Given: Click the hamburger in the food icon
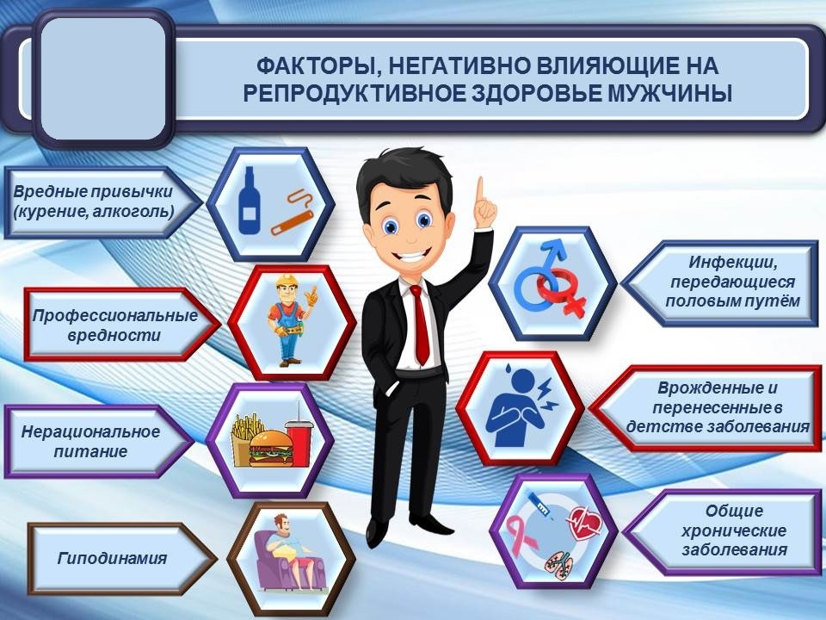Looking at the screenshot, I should (271, 447).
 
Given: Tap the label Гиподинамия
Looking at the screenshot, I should (113, 559).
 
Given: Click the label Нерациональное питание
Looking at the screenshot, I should (91, 441).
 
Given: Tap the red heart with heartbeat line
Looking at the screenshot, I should (582, 522).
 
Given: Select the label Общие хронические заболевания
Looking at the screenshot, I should (733, 530).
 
